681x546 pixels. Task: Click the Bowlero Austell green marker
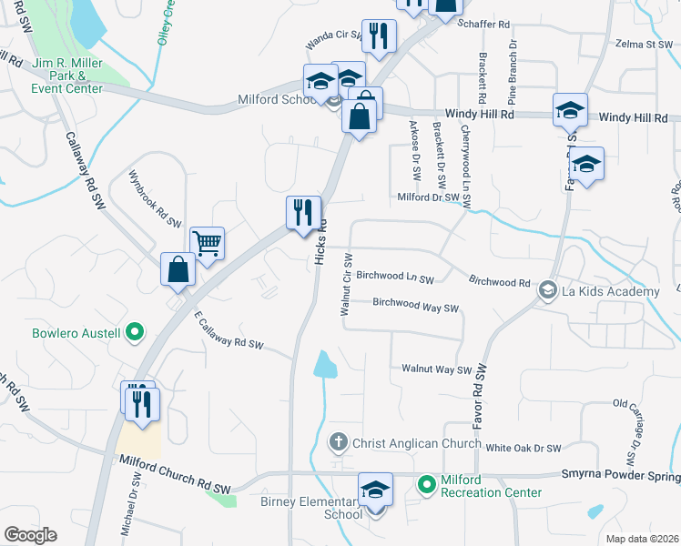135,332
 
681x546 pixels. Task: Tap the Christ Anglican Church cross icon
338,443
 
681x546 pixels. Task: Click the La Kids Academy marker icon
548,290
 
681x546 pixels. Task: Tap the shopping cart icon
208,243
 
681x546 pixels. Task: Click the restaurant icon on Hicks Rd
303,213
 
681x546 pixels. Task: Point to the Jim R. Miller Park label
68,76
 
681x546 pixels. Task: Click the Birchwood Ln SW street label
395,276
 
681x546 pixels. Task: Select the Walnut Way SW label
437,369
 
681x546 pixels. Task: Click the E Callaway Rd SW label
229,332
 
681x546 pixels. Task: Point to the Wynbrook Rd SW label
155,198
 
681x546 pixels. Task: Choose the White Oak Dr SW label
523,448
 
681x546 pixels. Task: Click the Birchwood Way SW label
415,306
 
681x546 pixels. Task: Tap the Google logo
30,535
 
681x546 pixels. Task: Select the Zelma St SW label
643,44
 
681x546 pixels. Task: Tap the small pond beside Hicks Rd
324,365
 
